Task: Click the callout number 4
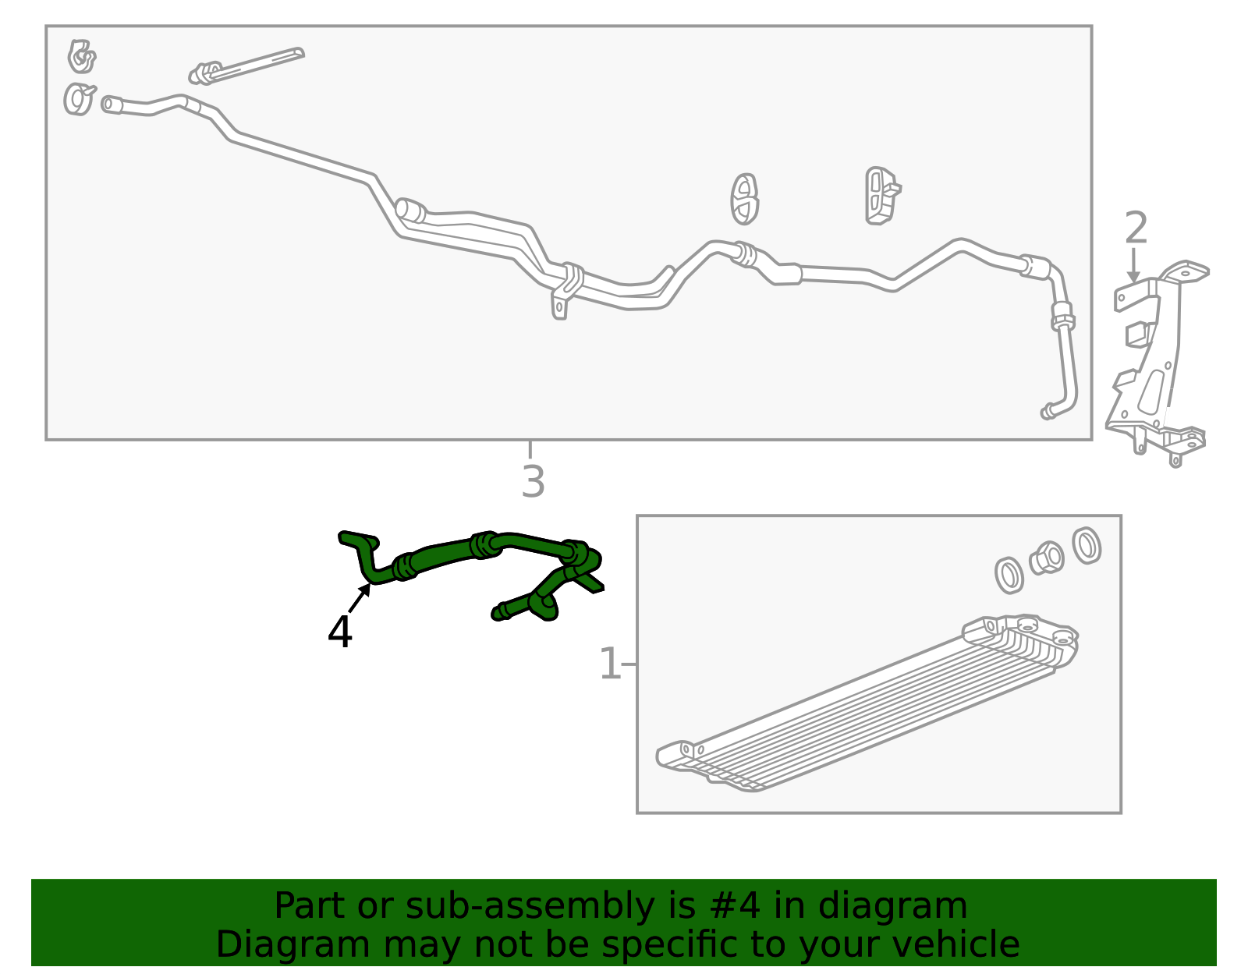pos(339,632)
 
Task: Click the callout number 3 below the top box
pos(533,482)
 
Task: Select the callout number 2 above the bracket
pos(1136,228)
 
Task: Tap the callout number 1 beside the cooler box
pos(609,664)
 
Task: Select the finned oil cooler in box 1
pos(867,703)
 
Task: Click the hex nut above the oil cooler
pos(1047,558)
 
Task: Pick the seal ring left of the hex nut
pos(1009,575)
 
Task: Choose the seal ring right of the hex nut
pos(1087,545)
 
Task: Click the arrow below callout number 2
pos(1133,264)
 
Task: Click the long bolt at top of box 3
pos(246,66)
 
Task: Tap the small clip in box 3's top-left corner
pos(82,56)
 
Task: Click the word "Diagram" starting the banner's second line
pos(293,944)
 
